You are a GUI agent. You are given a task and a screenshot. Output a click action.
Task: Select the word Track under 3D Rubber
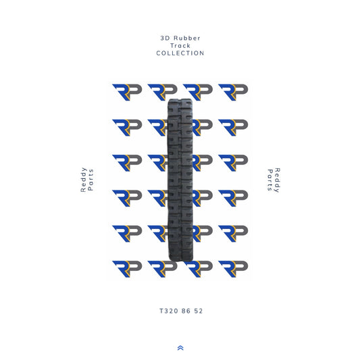coord(180,45)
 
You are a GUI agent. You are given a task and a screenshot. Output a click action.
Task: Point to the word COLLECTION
coord(180,53)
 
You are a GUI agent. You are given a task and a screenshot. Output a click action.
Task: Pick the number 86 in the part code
coord(184,311)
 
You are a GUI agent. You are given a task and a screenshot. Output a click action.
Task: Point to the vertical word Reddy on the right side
coord(277,180)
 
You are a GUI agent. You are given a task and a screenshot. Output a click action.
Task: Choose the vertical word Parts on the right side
coord(269,180)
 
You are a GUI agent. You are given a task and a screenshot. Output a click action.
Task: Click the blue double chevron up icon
coord(180,348)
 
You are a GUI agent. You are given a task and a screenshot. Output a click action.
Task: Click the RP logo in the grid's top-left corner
coord(126,92)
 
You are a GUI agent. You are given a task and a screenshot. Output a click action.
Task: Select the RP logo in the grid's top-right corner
coord(233,92)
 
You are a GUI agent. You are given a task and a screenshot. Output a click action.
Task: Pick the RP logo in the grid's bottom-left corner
coord(126,267)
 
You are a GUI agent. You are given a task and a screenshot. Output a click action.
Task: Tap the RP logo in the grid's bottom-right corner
coord(233,267)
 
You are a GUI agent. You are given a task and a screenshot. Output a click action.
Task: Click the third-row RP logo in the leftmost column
coord(126,162)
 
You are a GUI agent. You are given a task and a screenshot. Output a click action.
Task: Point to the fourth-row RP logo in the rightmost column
coord(233,197)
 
